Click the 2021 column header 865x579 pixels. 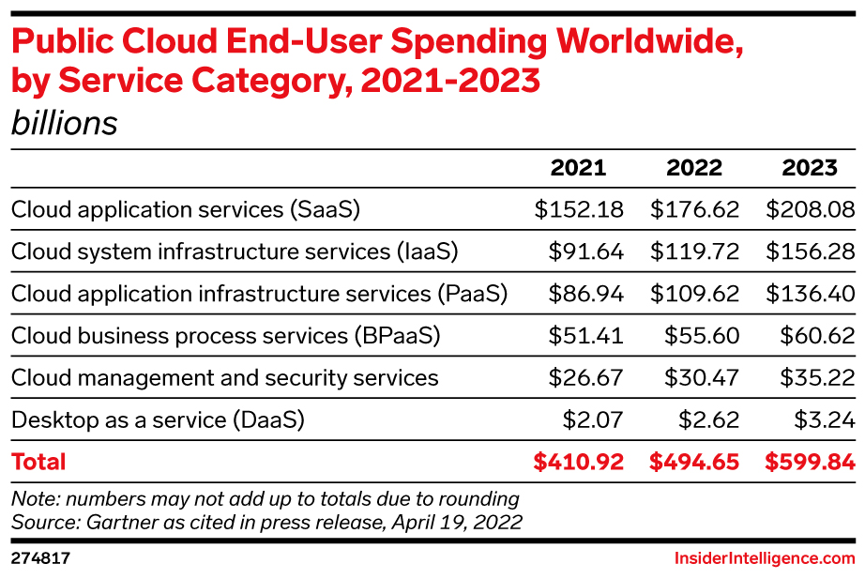click(x=578, y=168)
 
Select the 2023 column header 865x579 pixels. click(x=810, y=168)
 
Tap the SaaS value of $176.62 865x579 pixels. click(x=694, y=209)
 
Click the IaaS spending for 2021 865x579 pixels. click(x=586, y=251)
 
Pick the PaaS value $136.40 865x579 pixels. click(x=810, y=294)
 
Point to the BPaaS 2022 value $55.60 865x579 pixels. click(x=702, y=336)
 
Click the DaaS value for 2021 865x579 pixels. click(x=594, y=420)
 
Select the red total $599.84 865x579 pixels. click(x=810, y=462)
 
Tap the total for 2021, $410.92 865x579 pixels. click(x=578, y=462)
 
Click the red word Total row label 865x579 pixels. click(x=38, y=462)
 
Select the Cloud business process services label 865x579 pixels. click(x=225, y=336)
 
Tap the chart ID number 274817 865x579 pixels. click(x=40, y=558)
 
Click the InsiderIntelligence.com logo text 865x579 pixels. click(x=765, y=558)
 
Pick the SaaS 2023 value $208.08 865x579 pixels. click(x=810, y=209)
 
